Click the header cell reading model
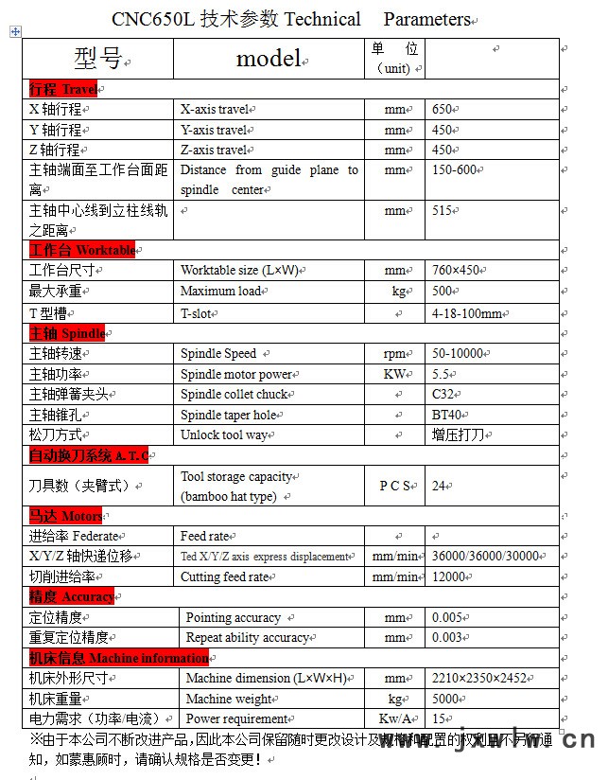point(268,59)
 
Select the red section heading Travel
point(63,89)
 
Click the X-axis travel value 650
point(443,109)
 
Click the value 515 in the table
point(443,211)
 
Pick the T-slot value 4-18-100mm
point(467,313)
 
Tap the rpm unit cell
point(395,354)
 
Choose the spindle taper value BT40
point(447,415)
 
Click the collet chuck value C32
point(443,394)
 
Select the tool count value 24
point(439,486)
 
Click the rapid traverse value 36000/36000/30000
point(485,556)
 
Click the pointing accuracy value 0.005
point(448,617)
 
